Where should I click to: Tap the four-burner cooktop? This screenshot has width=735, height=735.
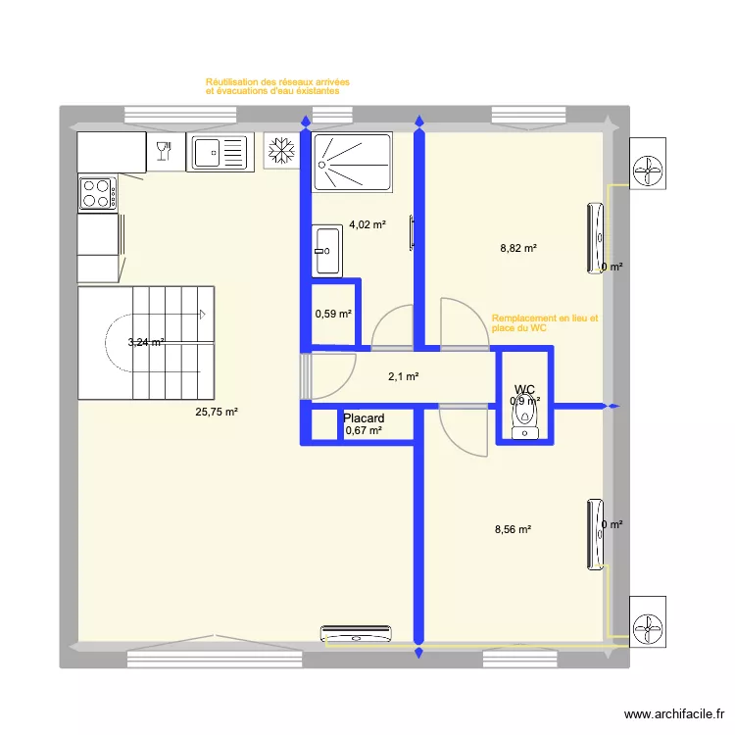98,193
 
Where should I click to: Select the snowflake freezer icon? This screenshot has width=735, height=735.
282,151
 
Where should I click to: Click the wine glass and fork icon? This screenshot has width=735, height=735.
164,150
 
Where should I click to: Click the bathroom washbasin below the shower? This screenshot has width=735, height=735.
327,251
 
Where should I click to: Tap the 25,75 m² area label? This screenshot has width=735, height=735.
217,413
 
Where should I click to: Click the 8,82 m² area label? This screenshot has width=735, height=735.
518,249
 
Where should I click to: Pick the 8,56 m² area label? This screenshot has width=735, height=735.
513,529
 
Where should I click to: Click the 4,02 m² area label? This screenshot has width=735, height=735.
367,224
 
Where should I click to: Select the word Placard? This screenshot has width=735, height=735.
364,417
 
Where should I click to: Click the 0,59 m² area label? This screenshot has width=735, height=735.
332,315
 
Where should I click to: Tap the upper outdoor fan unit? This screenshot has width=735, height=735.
649,171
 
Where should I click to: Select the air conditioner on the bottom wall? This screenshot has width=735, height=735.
357,634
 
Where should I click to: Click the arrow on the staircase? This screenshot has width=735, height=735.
200,315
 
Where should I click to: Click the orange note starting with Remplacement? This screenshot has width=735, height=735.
544,323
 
